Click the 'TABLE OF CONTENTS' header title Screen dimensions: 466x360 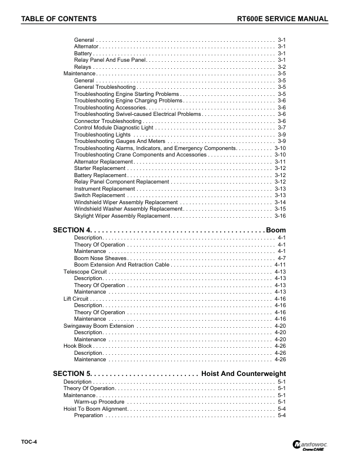(59, 19)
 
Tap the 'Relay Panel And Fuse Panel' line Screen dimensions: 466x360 (109, 59)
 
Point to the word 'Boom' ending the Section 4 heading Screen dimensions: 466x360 (276, 229)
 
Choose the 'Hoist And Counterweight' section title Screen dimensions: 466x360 (243, 374)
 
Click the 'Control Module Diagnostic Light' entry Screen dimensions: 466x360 (114, 128)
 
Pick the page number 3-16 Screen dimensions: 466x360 (280, 216)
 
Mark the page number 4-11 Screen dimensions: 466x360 (280, 265)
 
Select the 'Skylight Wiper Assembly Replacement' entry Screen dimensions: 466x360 (122, 216)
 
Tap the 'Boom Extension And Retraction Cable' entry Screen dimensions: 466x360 (122, 265)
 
